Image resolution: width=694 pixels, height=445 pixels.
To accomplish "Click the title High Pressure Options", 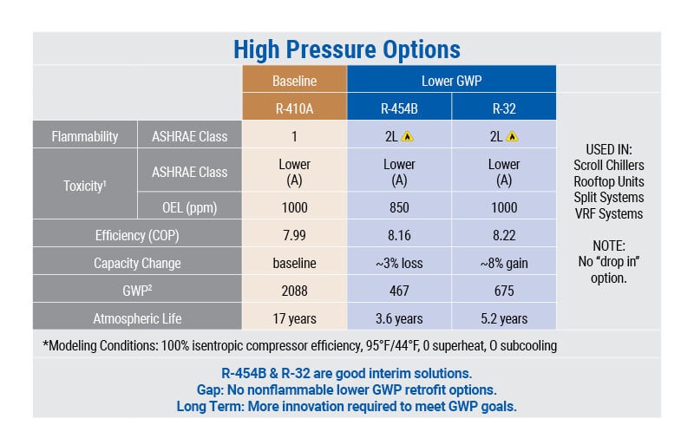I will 346,49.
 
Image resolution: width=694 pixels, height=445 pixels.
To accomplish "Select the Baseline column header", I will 294,81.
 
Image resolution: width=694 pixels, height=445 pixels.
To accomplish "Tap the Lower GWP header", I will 451,81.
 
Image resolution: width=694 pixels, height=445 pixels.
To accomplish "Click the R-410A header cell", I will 294,108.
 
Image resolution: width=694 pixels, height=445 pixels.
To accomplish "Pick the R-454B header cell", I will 399,108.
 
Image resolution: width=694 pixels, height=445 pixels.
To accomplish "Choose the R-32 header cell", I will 503,108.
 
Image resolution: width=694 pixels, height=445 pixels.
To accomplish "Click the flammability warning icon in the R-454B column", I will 409,136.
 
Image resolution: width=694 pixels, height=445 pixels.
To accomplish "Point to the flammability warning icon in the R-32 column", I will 513,136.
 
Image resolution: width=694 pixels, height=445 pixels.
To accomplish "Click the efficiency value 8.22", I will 503,234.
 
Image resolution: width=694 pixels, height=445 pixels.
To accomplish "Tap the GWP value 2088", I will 294,291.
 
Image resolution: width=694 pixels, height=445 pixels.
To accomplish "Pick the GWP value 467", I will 399,291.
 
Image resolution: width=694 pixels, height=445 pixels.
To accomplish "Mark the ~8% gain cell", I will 503,263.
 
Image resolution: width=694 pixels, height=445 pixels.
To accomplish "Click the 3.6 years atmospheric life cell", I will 399,318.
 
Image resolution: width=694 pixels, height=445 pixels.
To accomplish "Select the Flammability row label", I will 85,136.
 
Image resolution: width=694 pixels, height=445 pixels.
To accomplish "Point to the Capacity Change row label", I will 137,263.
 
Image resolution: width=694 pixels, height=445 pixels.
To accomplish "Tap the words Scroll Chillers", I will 609,165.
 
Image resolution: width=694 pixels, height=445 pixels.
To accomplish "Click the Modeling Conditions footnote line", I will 299,345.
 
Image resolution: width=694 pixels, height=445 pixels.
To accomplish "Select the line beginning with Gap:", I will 346,389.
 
